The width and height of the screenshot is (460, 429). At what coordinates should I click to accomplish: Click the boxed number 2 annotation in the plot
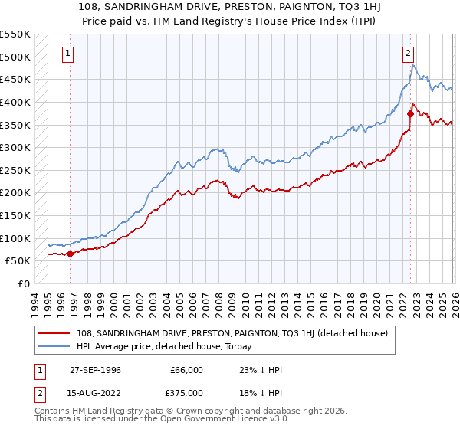click(x=409, y=54)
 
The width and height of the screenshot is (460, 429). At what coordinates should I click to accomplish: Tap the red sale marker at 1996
click(x=71, y=254)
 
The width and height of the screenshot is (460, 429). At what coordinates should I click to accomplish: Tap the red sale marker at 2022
click(x=411, y=113)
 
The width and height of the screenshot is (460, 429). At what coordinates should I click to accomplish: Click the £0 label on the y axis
click(x=23, y=283)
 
